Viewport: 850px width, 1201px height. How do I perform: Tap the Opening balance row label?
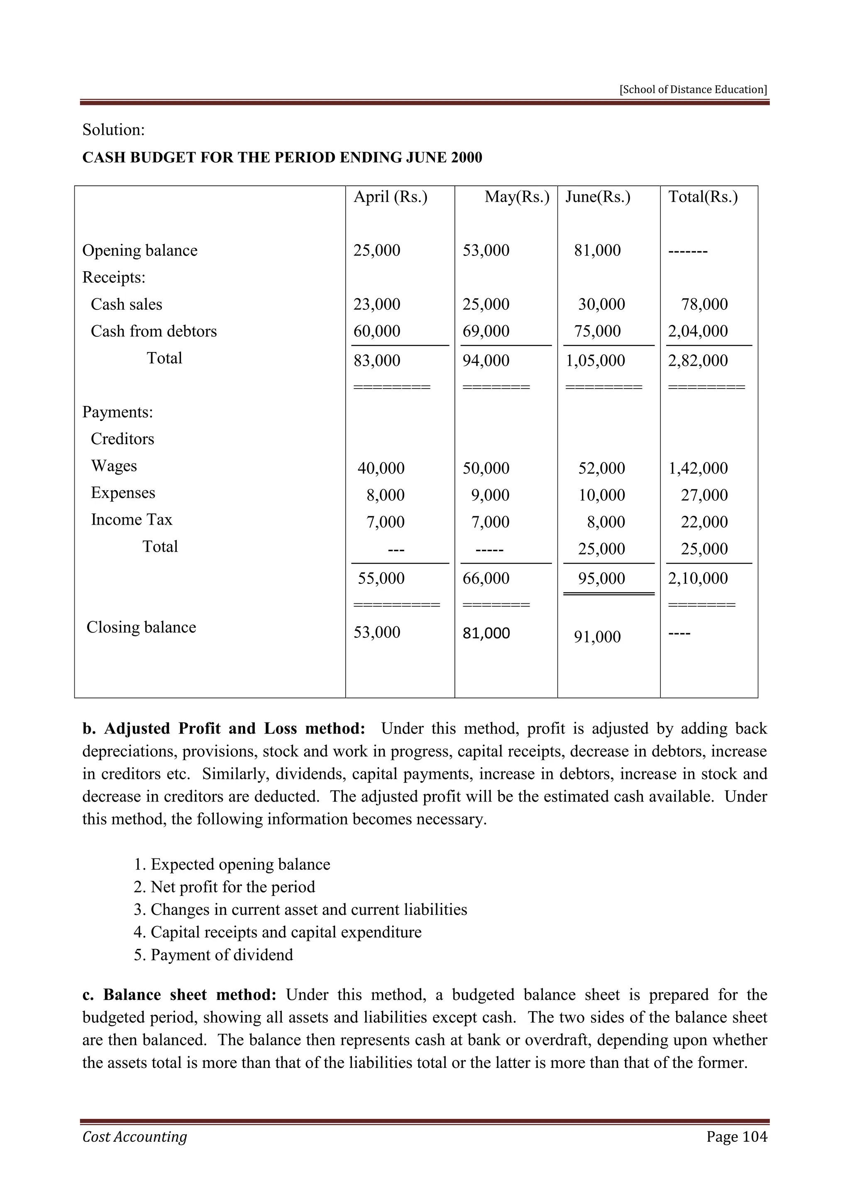point(140,250)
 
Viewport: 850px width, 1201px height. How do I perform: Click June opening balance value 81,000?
point(597,250)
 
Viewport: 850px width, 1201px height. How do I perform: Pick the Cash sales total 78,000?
point(704,304)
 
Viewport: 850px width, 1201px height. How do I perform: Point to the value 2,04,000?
point(698,331)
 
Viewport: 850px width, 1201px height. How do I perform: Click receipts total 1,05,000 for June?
point(595,360)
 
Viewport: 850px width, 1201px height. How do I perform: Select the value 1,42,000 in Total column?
point(698,468)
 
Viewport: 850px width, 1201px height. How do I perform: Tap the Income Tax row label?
point(132,519)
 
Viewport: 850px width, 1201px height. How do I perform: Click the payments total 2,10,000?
point(698,579)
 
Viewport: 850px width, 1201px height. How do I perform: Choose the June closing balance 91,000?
point(597,637)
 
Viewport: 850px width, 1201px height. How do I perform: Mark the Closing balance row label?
point(141,627)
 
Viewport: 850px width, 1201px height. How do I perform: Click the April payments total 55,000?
point(381,579)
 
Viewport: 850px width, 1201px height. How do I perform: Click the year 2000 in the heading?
point(465,158)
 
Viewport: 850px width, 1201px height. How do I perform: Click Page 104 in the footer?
point(736,1136)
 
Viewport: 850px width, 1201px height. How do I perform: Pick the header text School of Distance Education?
point(693,90)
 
